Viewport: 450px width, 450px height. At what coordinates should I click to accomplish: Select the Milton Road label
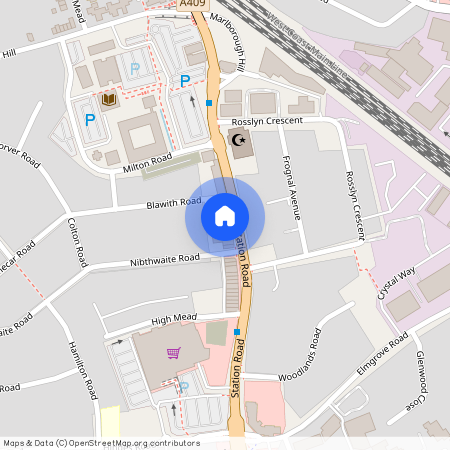147,163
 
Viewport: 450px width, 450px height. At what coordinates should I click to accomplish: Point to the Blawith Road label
174,203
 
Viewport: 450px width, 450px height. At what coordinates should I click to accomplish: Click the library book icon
109,99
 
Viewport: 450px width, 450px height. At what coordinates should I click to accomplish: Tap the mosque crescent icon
238,141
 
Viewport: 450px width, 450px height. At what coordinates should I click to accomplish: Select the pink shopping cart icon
174,352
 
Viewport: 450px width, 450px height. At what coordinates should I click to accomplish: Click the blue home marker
225,216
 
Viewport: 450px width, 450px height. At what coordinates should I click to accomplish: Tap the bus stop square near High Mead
237,332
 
